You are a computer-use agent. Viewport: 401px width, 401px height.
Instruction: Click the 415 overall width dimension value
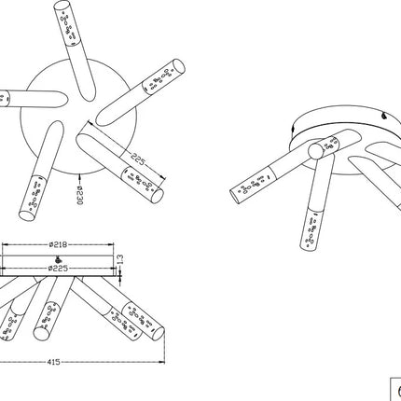[53, 362]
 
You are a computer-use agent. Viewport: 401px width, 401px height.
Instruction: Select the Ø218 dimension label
[58, 244]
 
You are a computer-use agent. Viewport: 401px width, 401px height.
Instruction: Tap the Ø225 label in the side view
[58, 268]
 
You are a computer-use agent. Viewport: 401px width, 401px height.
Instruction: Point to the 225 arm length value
[138, 159]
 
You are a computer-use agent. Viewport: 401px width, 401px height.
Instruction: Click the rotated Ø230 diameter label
[79, 196]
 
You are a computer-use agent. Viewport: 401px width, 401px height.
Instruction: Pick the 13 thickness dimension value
[120, 259]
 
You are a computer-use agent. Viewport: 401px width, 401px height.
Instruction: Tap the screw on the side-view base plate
[58, 259]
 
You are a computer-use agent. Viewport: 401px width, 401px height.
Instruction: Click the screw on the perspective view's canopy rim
[384, 116]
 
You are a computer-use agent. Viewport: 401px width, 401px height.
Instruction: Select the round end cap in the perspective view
[315, 151]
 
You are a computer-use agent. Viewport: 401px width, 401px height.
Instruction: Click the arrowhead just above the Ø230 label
[79, 177]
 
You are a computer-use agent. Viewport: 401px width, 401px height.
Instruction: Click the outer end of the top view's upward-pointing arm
[62, 6]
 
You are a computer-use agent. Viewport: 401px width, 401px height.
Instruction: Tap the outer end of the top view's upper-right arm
[179, 67]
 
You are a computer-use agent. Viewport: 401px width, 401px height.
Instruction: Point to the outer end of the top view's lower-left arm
[27, 215]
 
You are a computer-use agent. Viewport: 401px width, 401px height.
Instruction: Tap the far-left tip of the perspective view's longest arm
[235, 197]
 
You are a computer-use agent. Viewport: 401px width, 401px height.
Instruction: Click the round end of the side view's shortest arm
[40, 334]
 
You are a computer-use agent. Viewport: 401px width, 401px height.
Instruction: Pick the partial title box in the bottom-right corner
[395, 389]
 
